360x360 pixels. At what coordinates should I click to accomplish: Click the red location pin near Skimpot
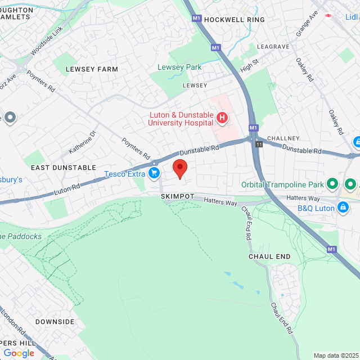pos(179,168)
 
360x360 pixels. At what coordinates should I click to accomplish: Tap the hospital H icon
pos(222,118)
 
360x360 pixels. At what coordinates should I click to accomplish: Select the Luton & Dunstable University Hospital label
pos(181,119)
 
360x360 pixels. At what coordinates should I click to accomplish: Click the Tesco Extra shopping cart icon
pos(153,174)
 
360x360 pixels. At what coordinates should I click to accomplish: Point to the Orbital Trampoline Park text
pos(283,184)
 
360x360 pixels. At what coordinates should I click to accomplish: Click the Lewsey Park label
pos(179,67)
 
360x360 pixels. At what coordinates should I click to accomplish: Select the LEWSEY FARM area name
pos(92,69)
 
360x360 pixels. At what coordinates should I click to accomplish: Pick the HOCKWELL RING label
pos(235,19)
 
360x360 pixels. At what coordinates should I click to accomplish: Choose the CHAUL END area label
pos(269,256)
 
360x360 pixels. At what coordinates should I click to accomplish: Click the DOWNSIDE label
pos(55,322)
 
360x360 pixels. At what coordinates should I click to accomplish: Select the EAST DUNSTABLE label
pos(64,168)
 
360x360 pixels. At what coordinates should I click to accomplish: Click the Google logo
pos(19,353)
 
